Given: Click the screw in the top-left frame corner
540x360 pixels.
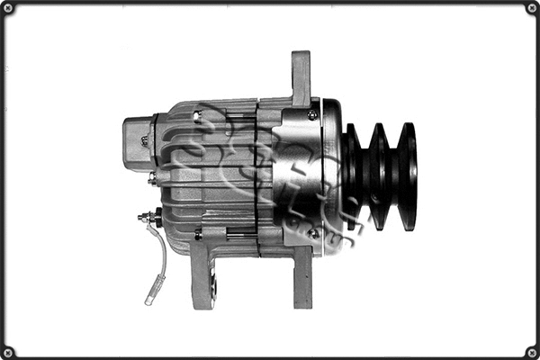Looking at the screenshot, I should tap(7, 8).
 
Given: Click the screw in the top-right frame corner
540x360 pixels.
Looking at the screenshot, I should tap(532, 8).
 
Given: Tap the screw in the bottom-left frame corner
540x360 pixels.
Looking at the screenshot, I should tap(7, 352).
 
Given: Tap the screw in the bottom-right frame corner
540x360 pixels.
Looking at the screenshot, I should tap(532, 352).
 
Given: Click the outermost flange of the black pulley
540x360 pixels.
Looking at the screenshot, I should tap(408, 175).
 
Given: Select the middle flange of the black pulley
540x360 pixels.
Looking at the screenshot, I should tap(379, 175).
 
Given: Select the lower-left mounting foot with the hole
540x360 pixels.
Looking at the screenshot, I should tap(203, 274).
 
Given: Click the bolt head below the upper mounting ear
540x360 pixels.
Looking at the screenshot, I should tap(311, 115).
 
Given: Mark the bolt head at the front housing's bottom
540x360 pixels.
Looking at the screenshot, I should tap(312, 234).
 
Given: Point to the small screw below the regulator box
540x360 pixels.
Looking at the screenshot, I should tap(153, 179).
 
